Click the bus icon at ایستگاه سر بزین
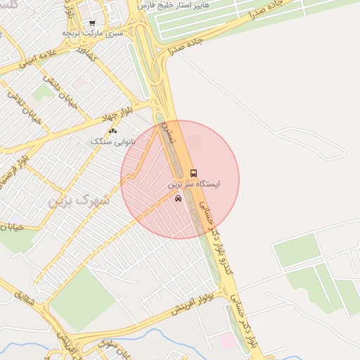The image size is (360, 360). [193, 172]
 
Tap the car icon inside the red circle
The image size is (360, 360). [178, 199]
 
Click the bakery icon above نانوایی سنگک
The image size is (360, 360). [112, 131]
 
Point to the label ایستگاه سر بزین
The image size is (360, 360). [193, 184]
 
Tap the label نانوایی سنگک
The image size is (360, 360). [111, 141]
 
